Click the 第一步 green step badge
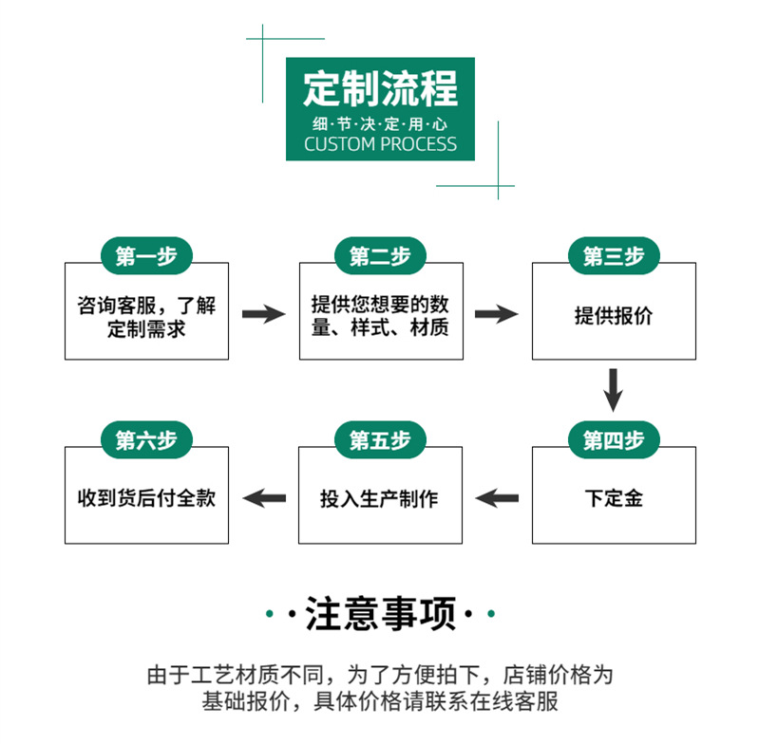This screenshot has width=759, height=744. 146,256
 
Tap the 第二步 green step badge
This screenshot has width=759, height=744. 380,256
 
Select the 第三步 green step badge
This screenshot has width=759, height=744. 614,256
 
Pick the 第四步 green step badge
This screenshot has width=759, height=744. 614,440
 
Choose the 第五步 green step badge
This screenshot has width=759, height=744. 380,440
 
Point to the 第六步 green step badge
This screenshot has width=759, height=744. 146,440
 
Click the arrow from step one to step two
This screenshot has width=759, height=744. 263,314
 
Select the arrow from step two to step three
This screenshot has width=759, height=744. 497,314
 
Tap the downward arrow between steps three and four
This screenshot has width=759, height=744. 614,389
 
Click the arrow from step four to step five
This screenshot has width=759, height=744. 497,496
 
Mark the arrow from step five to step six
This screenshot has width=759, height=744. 264,496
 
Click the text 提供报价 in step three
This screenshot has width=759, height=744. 614,316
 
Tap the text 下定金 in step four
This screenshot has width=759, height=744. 614,497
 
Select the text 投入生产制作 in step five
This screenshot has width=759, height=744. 380,497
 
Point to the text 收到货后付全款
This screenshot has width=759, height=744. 146,497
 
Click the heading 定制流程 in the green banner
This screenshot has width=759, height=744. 380,88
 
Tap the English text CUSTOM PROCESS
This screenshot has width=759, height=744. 380,145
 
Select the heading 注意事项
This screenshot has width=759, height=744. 380,615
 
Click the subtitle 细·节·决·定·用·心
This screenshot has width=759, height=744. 380,124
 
